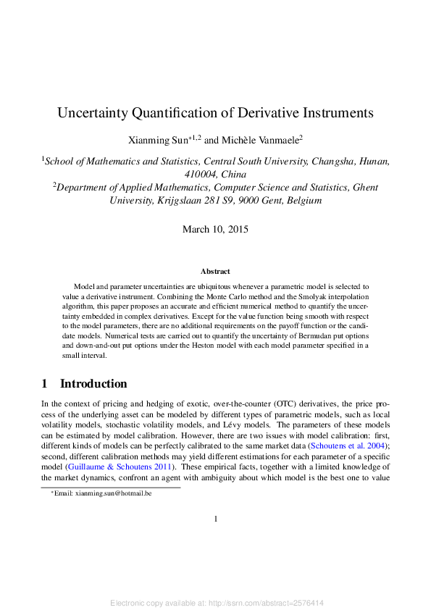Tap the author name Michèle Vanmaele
(x=247, y=138)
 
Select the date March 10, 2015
(x=215, y=230)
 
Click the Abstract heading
(x=215, y=272)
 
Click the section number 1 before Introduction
(x=44, y=384)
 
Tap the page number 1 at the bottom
(x=216, y=519)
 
